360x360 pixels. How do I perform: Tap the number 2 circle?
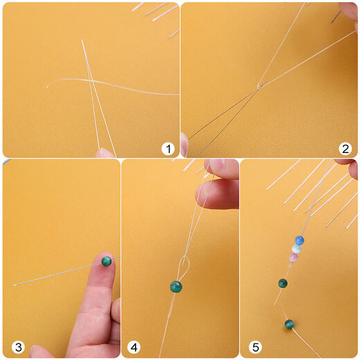pyautogui.click(x=345, y=148)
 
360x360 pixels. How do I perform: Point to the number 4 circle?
pyautogui.click(x=134, y=346)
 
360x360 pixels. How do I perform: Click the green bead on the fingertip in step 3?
pyautogui.click(x=107, y=261)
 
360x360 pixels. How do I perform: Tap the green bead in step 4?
pyautogui.click(x=176, y=286)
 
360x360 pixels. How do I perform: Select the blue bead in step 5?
pyautogui.click(x=299, y=240)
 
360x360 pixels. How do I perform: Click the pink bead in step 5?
pyautogui.click(x=293, y=258)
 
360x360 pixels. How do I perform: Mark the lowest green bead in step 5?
pyautogui.click(x=289, y=324)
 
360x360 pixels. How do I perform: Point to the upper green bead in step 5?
pyautogui.click(x=282, y=283)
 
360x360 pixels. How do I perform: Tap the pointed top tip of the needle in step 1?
pyautogui.click(x=82, y=40)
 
